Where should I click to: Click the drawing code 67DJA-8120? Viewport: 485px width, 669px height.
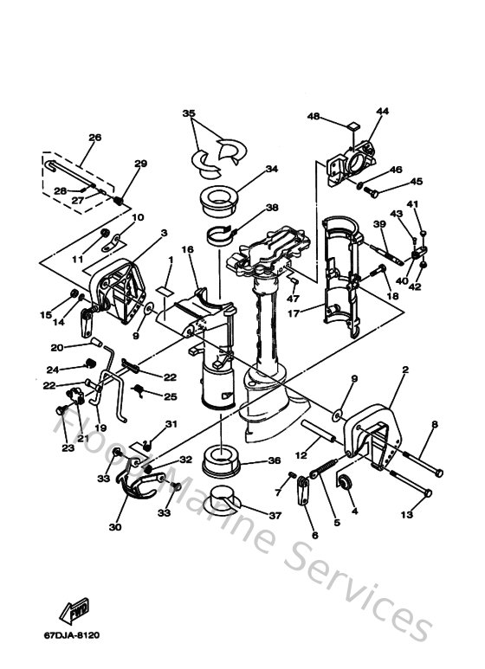[77, 635]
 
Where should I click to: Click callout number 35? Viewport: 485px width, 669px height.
[190, 113]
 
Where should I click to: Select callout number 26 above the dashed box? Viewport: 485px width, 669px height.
[94, 137]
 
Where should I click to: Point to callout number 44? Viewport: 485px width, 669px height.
[382, 111]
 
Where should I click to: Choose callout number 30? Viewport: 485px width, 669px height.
[116, 525]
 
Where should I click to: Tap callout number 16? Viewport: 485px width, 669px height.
[187, 249]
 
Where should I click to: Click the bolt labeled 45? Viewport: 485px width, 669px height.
[372, 189]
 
